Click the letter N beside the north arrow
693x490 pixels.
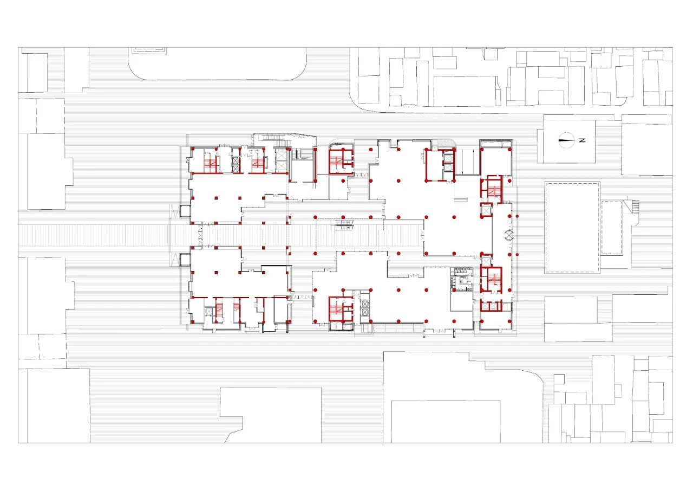582,140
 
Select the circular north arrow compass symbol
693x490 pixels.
566,140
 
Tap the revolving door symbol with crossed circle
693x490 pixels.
509,235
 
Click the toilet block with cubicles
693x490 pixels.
461,279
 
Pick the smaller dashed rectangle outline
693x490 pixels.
612,228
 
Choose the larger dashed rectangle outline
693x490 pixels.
572,228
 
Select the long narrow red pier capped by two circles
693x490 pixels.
315,165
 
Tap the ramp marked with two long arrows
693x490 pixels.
467,162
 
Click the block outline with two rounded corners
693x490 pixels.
218,64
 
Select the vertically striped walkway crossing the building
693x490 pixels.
217,235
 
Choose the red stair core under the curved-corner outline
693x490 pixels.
341,162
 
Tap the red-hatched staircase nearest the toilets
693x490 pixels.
492,280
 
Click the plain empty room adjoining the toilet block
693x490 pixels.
461,302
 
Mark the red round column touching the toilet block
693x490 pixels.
454,290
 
